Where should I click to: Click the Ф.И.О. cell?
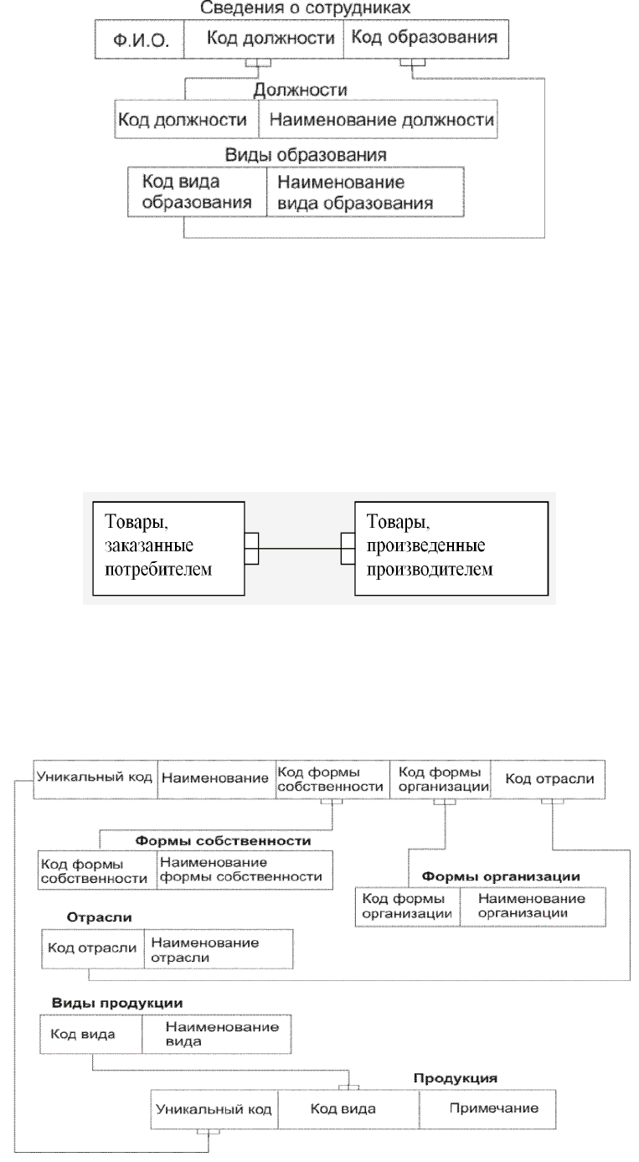click(140, 39)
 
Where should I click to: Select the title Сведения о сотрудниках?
click(305, 8)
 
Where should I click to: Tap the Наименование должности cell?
click(378, 119)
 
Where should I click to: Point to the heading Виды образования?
click(306, 155)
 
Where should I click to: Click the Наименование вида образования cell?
click(365, 192)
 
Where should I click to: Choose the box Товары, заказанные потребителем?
click(168, 548)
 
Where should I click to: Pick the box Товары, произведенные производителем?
click(451, 548)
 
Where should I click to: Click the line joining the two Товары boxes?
click(300, 548)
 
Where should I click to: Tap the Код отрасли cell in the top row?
click(548, 779)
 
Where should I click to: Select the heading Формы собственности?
click(223, 841)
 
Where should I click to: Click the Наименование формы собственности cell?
click(245, 870)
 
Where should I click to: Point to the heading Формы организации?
click(501, 876)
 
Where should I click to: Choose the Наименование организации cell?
click(533, 906)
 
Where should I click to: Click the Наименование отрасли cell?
click(219, 949)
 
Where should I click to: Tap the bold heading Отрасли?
click(99, 917)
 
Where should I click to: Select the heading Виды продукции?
click(117, 1003)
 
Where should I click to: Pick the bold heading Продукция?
click(456, 1078)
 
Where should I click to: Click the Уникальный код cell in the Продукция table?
click(214, 1109)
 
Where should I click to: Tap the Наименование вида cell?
click(216, 1035)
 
